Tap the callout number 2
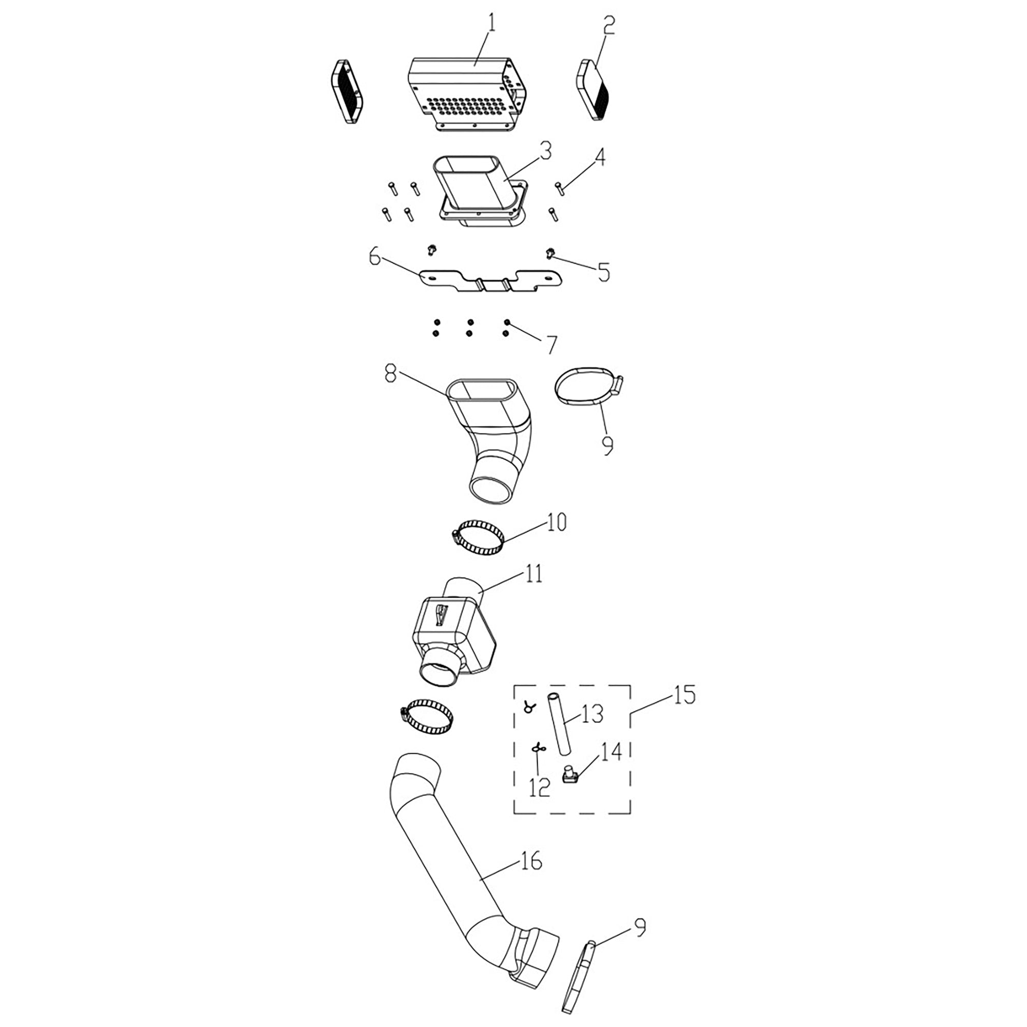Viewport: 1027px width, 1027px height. click(x=608, y=25)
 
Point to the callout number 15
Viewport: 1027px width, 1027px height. click(x=684, y=695)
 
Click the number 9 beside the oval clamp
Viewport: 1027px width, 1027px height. click(x=606, y=444)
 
